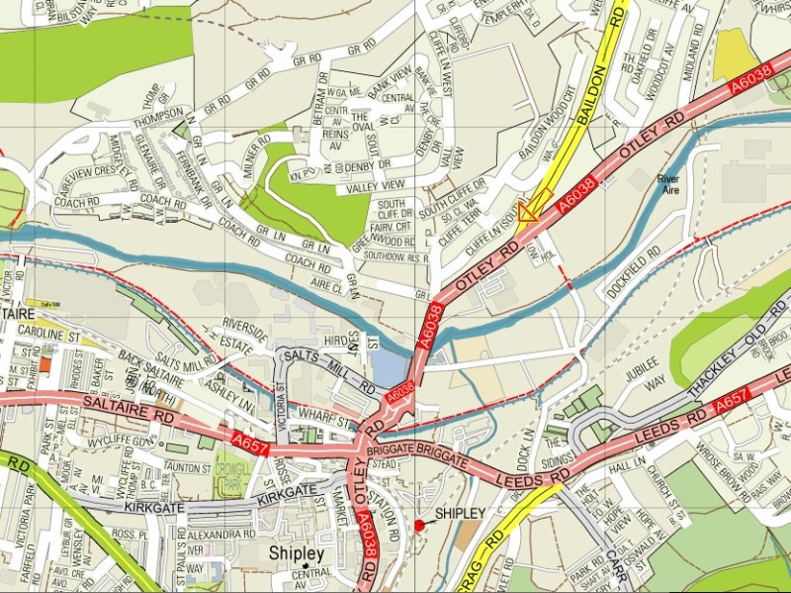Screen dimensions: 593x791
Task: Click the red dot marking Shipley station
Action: [419, 524]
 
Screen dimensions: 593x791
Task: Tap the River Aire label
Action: [671, 184]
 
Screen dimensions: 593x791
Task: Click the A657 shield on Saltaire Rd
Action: [250, 438]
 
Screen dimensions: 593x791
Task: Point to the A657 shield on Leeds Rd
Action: [729, 400]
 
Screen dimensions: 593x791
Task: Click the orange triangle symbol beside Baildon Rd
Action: [528, 210]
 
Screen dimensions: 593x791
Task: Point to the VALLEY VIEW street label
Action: [376, 186]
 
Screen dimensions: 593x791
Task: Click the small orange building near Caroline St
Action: [45, 362]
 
